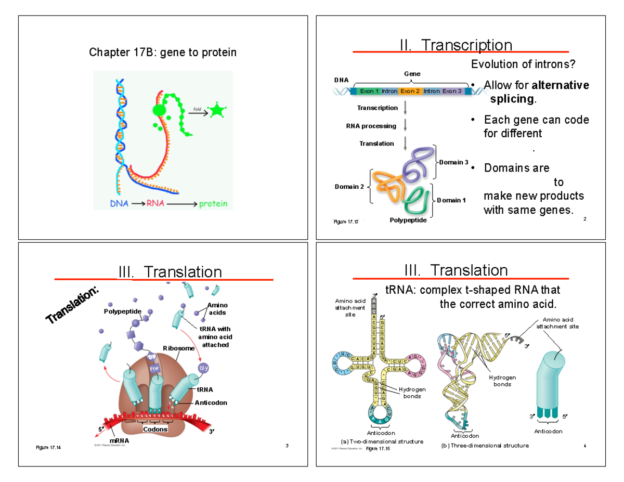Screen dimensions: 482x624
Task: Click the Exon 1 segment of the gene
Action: point(370,92)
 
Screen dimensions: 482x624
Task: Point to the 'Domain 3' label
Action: point(454,163)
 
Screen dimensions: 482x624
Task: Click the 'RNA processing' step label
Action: point(371,126)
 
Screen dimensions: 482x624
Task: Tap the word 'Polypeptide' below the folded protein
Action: point(408,220)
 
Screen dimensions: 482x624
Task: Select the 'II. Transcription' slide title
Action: point(456,46)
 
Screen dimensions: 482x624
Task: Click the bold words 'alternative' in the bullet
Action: point(561,85)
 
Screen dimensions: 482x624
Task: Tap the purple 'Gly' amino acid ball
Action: point(204,368)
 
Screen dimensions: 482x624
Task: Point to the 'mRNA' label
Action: point(119,440)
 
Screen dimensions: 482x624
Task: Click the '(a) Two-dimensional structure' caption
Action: point(381,441)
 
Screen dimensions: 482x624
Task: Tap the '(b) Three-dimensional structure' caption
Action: point(485,446)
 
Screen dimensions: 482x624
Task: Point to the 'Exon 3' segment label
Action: point(452,92)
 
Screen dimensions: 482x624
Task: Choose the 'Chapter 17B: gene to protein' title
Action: point(163,53)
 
